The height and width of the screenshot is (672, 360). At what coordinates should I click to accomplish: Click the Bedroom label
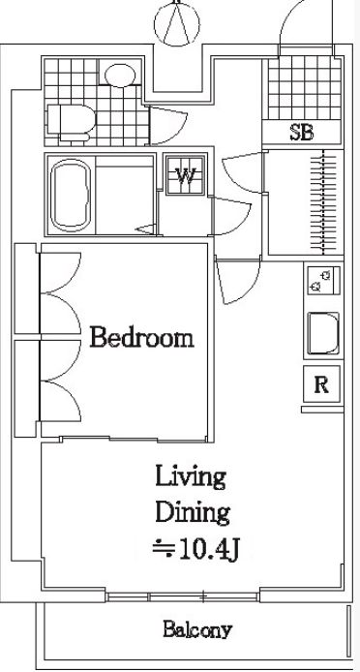pos(142,338)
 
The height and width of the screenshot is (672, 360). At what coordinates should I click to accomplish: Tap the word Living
pos(191,477)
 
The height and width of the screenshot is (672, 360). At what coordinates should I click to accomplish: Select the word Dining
pos(193,513)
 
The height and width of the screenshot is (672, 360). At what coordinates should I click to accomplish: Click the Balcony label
pos(197,629)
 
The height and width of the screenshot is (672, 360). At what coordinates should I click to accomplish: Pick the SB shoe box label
pos(302,133)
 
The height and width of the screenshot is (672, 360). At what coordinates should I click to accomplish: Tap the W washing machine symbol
pos(186,175)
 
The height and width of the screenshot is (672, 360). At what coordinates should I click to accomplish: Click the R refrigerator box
pos(321,384)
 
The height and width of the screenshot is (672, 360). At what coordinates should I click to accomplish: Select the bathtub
pos(71,195)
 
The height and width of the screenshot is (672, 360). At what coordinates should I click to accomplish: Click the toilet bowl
pos(71,122)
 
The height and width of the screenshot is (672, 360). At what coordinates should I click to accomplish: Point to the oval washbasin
pos(120,75)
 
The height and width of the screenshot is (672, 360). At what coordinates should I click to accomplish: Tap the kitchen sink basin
pos(323,333)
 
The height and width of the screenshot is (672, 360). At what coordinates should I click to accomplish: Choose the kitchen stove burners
pos(323,280)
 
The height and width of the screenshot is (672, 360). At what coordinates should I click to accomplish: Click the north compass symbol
pos(177,22)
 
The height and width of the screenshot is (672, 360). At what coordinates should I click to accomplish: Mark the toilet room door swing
pos(168,126)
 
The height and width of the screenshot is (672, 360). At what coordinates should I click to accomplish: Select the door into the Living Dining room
pos(238,281)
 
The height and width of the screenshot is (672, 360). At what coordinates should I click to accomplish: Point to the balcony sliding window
pos(183,596)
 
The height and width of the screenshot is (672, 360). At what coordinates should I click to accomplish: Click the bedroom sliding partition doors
pos(134,439)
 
